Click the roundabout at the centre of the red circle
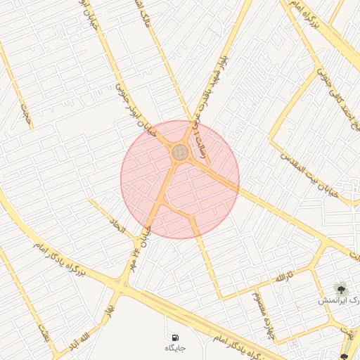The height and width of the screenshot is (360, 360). pos(180,152)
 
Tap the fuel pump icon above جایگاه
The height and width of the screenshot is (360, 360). pos(174,338)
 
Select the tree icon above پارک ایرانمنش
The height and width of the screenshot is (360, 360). pos(341,288)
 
